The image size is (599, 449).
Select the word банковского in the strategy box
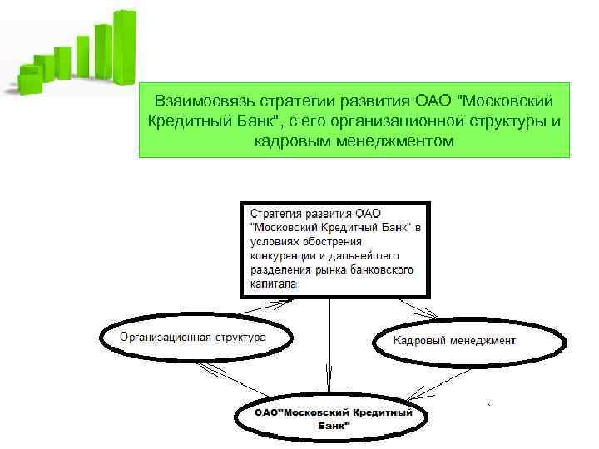[379, 269]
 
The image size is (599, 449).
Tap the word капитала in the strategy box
[273, 284]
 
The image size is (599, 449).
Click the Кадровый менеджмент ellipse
[454, 340]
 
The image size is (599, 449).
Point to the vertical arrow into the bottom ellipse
[330, 349]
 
